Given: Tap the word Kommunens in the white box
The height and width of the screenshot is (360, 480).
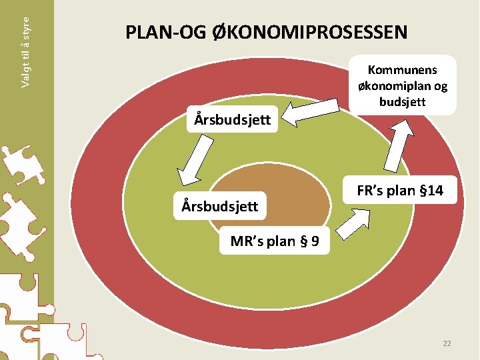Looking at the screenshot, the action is pyautogui.click(x=402, y=70).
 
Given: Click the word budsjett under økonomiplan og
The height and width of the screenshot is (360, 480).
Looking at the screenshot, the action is pyautogui.click(x=402, y=101).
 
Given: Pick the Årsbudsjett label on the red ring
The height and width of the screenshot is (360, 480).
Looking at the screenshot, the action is pyautogui.click(x=232, y=121).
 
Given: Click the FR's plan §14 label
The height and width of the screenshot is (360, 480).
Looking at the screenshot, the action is pyautogui.click(x=400, y=191).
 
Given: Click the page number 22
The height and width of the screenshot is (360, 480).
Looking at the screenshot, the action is pyautogui.click(x=447, y=343).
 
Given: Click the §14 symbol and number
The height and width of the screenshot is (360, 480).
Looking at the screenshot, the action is pyautogui.click(x=429, y=191).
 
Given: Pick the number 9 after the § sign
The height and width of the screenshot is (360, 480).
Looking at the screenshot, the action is pyautogui.click(x=307, y=241).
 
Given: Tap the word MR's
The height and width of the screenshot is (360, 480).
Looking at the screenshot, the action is pyautogui.click(x=247, y=241).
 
